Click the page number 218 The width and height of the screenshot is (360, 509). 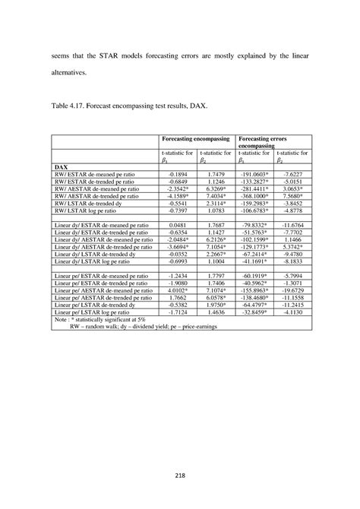[x=180, y=476]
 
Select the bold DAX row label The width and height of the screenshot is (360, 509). [x=63, y=165]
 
